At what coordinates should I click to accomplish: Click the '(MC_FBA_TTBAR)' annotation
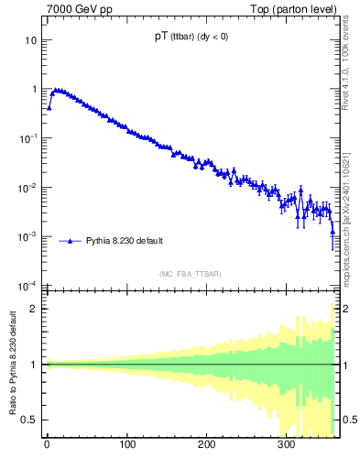[191, 274]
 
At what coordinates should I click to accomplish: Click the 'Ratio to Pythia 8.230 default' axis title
[13, 366]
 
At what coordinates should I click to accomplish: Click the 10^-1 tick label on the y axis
[27, 137]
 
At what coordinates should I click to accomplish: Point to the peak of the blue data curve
[57, 90]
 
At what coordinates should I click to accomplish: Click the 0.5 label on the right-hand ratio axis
[348, 420]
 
